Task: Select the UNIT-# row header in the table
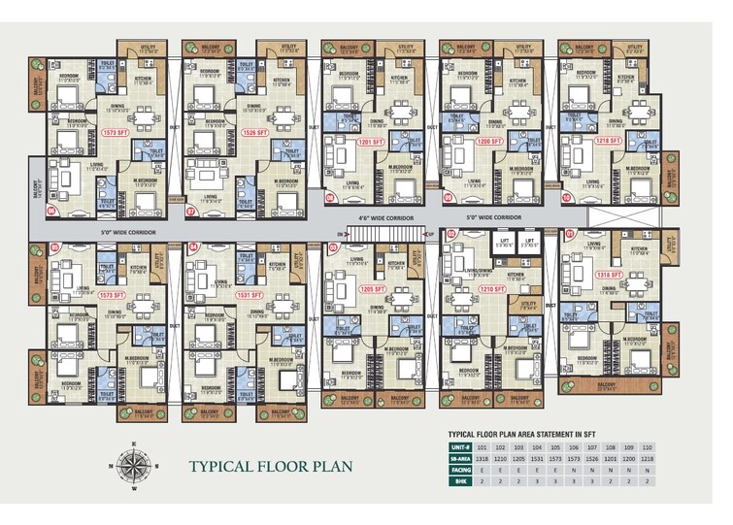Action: pyautogui.click(x=460, y=446)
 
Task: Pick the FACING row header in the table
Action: pyautogui.click(x=460, y=469)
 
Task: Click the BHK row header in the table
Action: pyautogui.click(x=460, y=480)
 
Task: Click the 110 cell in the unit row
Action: pyautogui.click(x=688, y=446)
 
